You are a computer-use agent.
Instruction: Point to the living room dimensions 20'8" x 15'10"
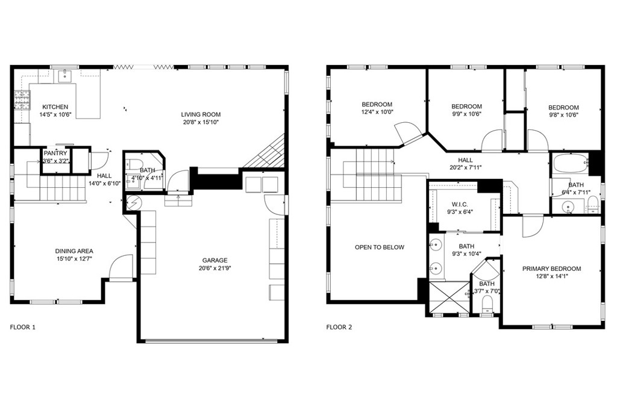click(x=201, y=122)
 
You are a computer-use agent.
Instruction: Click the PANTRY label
click(x=55, y=154)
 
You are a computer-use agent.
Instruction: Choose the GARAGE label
click(x=215, y=260)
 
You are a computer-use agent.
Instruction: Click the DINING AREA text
click(x=74, y=251)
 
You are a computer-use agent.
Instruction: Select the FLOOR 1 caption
click(x=23, y=328)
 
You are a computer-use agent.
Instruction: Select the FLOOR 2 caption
click(x=339, y=328)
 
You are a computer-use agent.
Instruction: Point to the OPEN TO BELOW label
click(x=380, y=247)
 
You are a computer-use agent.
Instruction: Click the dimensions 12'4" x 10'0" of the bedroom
click(x=377, y=112)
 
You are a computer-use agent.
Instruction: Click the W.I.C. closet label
click(x=459, y=204)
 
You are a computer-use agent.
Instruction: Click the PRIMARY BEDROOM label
click(x=551, y=269)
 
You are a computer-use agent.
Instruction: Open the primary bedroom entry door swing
click(x=533, y=226)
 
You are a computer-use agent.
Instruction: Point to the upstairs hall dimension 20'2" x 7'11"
click(x=465, y=167)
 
